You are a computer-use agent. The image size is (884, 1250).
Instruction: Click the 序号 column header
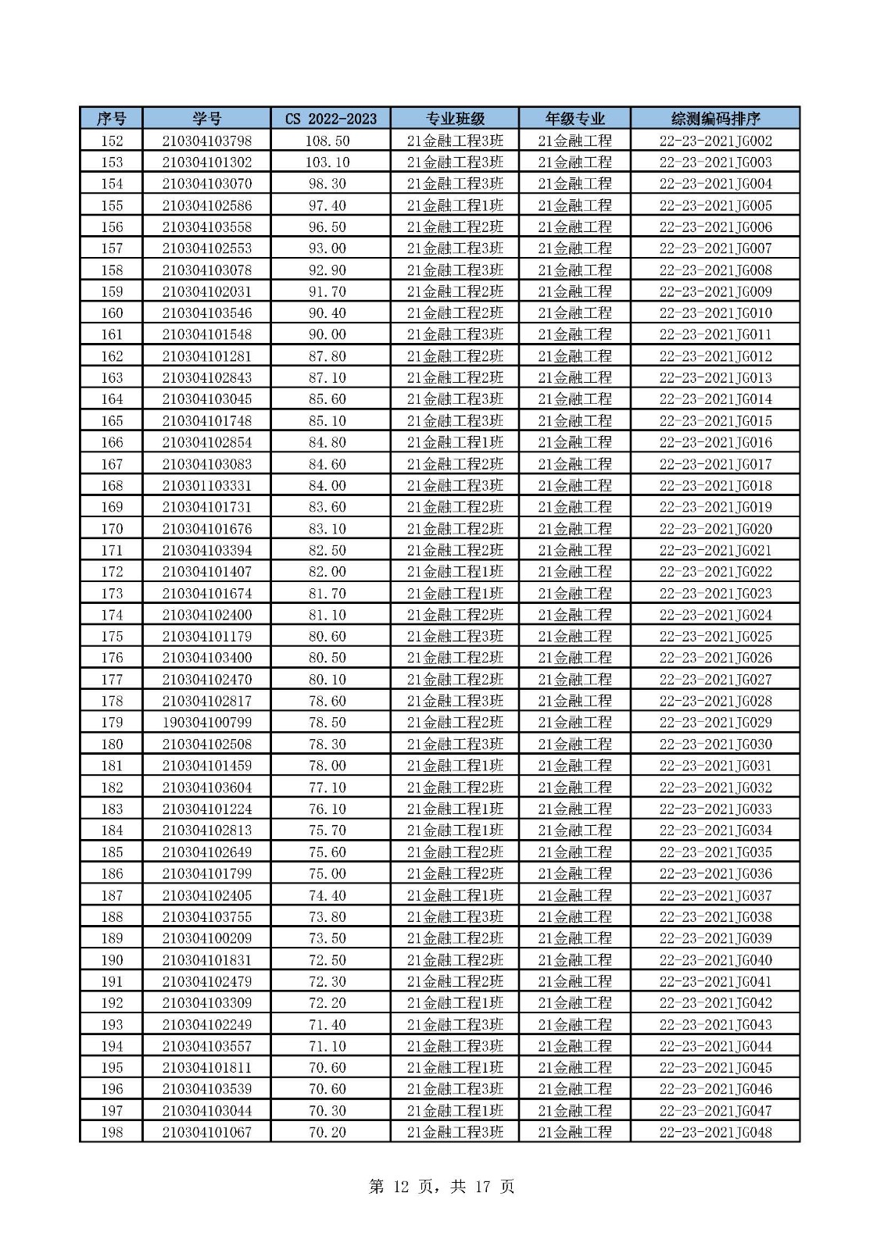point(111,119)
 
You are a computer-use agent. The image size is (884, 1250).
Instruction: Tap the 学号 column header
point(206,119)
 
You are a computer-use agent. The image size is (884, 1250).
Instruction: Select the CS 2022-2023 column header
point(330,119)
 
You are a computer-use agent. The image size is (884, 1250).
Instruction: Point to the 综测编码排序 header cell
point(715,119)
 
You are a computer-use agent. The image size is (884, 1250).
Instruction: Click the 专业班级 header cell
point(454,119)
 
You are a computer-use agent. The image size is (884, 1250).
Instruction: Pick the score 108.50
point(327,141)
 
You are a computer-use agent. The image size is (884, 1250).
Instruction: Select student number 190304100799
point(206,723)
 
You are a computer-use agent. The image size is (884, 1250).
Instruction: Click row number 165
point(112,421)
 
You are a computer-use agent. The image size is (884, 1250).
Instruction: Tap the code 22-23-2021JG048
point(715,1132)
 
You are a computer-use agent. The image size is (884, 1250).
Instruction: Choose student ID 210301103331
point(206,485)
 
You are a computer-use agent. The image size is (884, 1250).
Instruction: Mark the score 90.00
point(327,334)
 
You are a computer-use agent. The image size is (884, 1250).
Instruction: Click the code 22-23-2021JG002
point(715,141)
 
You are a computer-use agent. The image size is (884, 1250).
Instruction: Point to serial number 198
point(112,1132)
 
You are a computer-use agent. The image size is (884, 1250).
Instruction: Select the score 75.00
point(327,873)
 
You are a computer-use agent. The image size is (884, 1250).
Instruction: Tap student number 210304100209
point(206,938)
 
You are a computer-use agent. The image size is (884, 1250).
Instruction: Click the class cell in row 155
point(454,205)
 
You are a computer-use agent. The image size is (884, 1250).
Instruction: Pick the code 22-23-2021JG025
point(715,636)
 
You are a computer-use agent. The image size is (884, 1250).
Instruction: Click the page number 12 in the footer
point(401,1187)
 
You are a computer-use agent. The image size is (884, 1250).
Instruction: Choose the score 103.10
point(327,162)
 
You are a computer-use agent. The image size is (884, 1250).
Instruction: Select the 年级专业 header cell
point(574,119)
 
